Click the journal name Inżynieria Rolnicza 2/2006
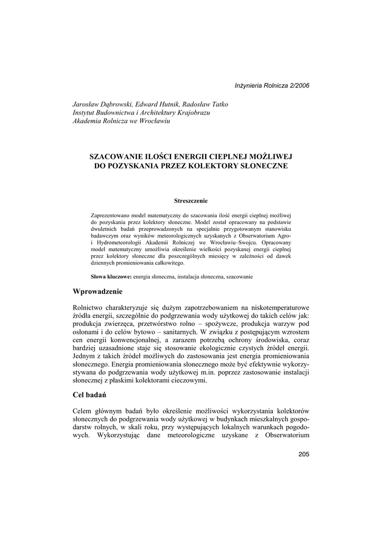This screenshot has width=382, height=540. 272,85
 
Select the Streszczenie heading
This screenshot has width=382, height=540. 191,200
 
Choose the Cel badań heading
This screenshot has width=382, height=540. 91,395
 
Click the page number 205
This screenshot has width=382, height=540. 303,455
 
